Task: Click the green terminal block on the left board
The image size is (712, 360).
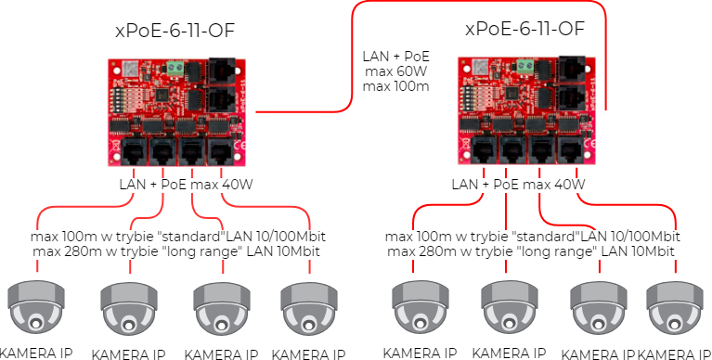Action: coord(175,68)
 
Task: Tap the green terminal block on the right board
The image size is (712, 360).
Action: coord(525,67)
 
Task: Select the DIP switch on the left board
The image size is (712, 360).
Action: coord(120,98)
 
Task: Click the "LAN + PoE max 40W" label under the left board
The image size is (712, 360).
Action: coord(186,186)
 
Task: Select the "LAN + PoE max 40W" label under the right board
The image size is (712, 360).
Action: coord(518,186)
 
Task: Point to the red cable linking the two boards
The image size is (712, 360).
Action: coord(353,56)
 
